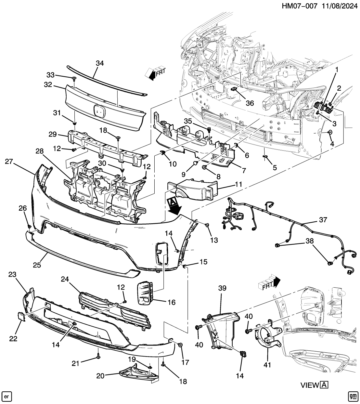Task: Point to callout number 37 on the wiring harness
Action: tap(323, 220)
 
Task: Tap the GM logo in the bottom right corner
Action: tap(352, 396)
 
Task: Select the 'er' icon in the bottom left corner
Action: tap(7, 396)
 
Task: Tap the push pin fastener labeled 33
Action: tap(74, 78)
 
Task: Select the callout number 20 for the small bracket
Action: tap(101, 376)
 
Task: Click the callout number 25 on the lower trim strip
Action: tap(37, 265)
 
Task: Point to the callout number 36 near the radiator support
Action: tap(250, 103)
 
